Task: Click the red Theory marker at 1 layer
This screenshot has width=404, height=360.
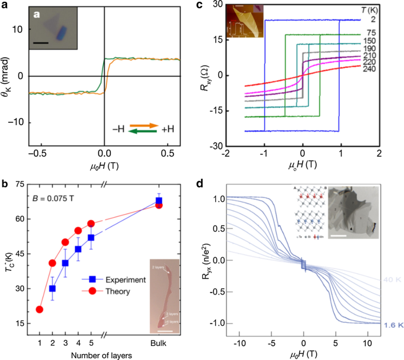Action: click(x=40, y=309)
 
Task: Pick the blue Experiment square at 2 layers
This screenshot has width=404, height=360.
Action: click(x=52, y=289)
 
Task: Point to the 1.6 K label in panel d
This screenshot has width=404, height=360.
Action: click(x=391, y=325)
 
